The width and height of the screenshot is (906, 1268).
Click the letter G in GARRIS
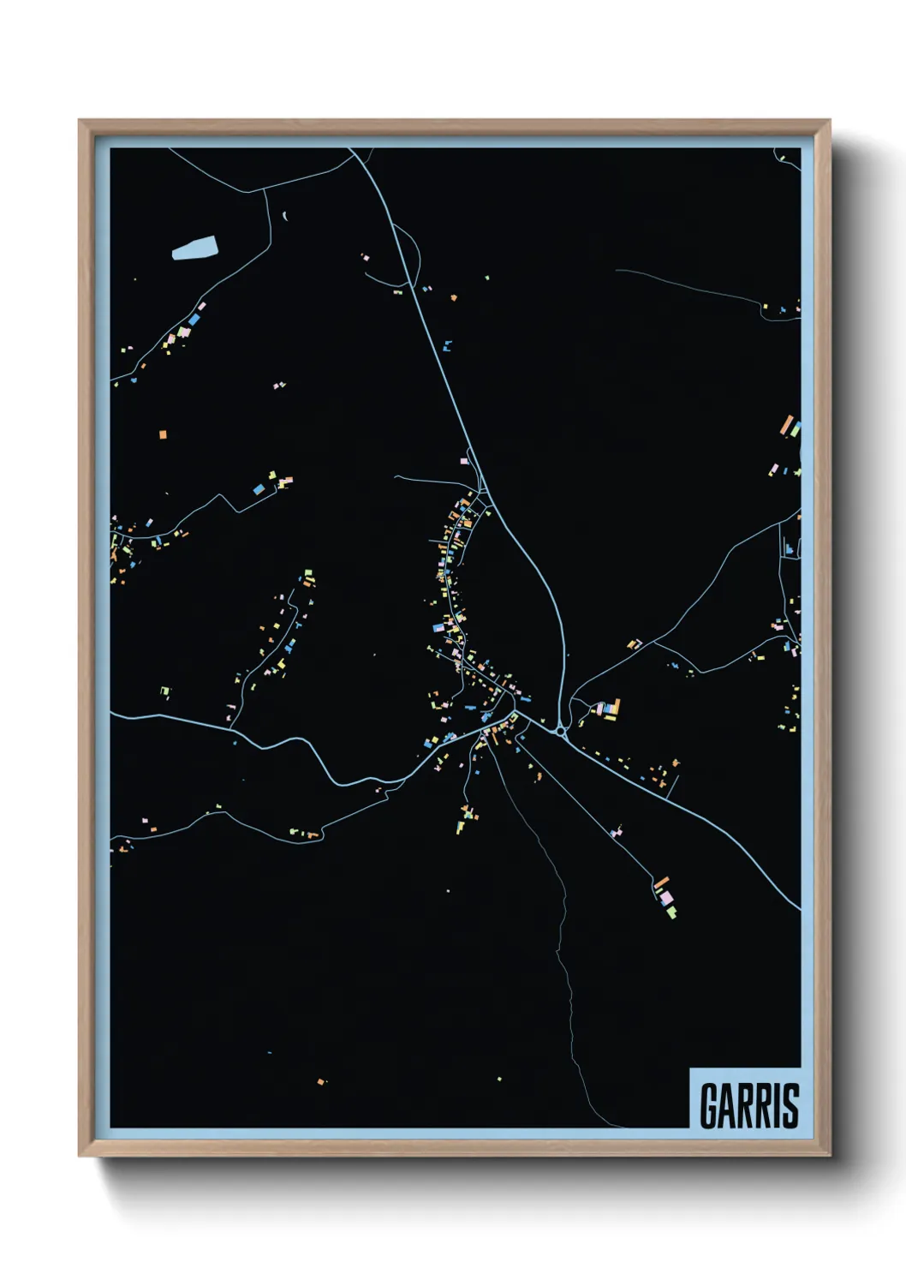[x=710, y=1106]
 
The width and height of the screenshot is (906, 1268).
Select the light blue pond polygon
[x=194, y=248]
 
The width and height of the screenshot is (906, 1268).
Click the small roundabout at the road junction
[x=561, y=732]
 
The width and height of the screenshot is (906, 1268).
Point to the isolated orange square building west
[x=163, y=434]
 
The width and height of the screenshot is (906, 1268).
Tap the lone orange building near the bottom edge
[x=321, y=1082]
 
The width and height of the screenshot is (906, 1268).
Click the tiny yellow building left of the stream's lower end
[x=500, y=1079]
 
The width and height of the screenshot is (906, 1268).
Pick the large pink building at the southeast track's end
[x=665, y=896]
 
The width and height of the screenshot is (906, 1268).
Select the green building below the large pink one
[x=671, y=912]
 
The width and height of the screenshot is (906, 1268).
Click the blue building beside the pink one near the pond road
[x=194, y=320]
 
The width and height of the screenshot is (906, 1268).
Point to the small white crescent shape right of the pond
[x=284, y=216]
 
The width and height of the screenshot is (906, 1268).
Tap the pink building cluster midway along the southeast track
[x=616, y=830]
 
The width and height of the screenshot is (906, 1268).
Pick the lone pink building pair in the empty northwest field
[x=278, y=386]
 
